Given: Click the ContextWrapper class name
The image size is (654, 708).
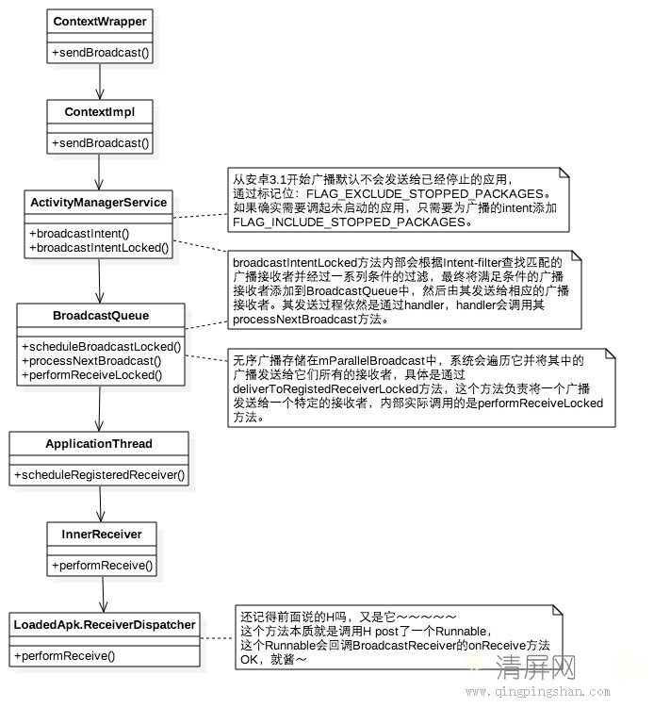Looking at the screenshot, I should point(100,22).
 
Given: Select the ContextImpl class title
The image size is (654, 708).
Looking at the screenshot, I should point(100,112).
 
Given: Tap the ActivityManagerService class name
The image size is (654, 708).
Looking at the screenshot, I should point(99,203).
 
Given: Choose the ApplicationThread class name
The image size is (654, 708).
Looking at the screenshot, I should point(99,443).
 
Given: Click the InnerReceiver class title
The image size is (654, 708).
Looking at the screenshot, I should point(102,534).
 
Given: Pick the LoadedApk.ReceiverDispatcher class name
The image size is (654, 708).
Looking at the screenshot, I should point(105,624).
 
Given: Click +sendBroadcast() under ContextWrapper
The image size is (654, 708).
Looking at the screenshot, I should point(99,52).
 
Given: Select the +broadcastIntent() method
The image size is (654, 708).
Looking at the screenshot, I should point(80,233).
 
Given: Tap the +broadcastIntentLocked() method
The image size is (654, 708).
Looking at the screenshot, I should point(99,248).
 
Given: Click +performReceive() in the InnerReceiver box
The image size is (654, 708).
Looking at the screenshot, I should point(102,565).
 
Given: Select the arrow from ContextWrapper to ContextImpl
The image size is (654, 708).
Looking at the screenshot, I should point(98,81).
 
